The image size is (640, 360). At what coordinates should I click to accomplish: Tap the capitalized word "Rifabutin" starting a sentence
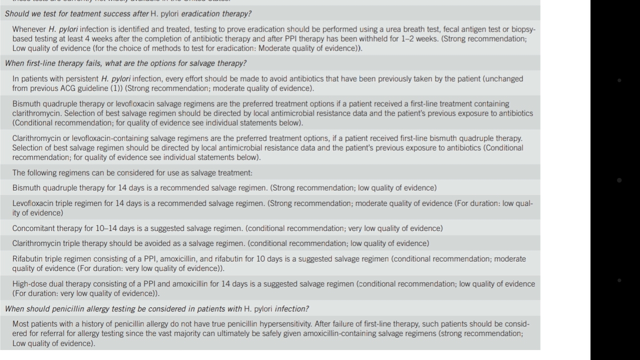pos(28,259)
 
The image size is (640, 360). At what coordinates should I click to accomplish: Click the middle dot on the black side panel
pos(619,180)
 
